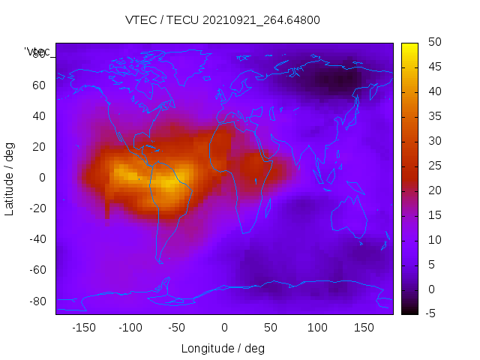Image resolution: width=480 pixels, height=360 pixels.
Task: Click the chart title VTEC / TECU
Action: pos(223,20)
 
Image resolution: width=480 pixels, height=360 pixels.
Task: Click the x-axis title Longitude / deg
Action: pos(223,349)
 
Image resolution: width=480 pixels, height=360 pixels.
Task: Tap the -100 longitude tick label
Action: pos(130,328)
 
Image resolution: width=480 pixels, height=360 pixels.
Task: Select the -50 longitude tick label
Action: pos(177,328)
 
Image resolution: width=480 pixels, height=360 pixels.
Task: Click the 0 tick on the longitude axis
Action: pos(224,328)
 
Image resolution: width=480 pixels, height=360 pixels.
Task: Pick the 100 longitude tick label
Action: pos(317,328)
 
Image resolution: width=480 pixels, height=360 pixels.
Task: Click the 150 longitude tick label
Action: pos(364,328)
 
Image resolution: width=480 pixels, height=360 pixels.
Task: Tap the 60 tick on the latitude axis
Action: pos(39,85)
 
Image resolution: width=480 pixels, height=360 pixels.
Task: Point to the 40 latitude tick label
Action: pos(39,116)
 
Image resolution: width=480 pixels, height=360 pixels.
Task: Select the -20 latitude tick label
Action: pos(37,208)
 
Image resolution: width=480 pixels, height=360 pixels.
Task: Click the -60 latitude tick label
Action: pos(37,270)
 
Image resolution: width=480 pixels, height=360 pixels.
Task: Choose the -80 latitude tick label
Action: pos(37,301)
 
